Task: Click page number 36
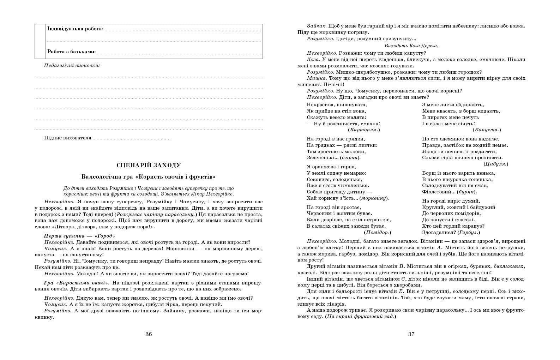pos(149,334)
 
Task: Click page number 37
pos(411,334)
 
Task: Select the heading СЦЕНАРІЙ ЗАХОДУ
pos(149,165)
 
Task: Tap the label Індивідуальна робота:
pos(76,29)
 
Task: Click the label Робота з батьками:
pos(72,52)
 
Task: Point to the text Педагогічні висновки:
pos(72,65)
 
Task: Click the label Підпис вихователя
pos(68,138)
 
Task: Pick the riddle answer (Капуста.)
pos(487,130)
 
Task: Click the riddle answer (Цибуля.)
pos(496,164)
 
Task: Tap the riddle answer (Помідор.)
pos(377,232)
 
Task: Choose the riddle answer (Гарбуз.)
pos(469,232)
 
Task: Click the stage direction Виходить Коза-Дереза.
pos(411,46)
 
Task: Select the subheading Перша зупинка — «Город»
pos(80,236)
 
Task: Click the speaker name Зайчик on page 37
pos(317,26)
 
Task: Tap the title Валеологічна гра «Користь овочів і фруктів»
pos(149,176)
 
